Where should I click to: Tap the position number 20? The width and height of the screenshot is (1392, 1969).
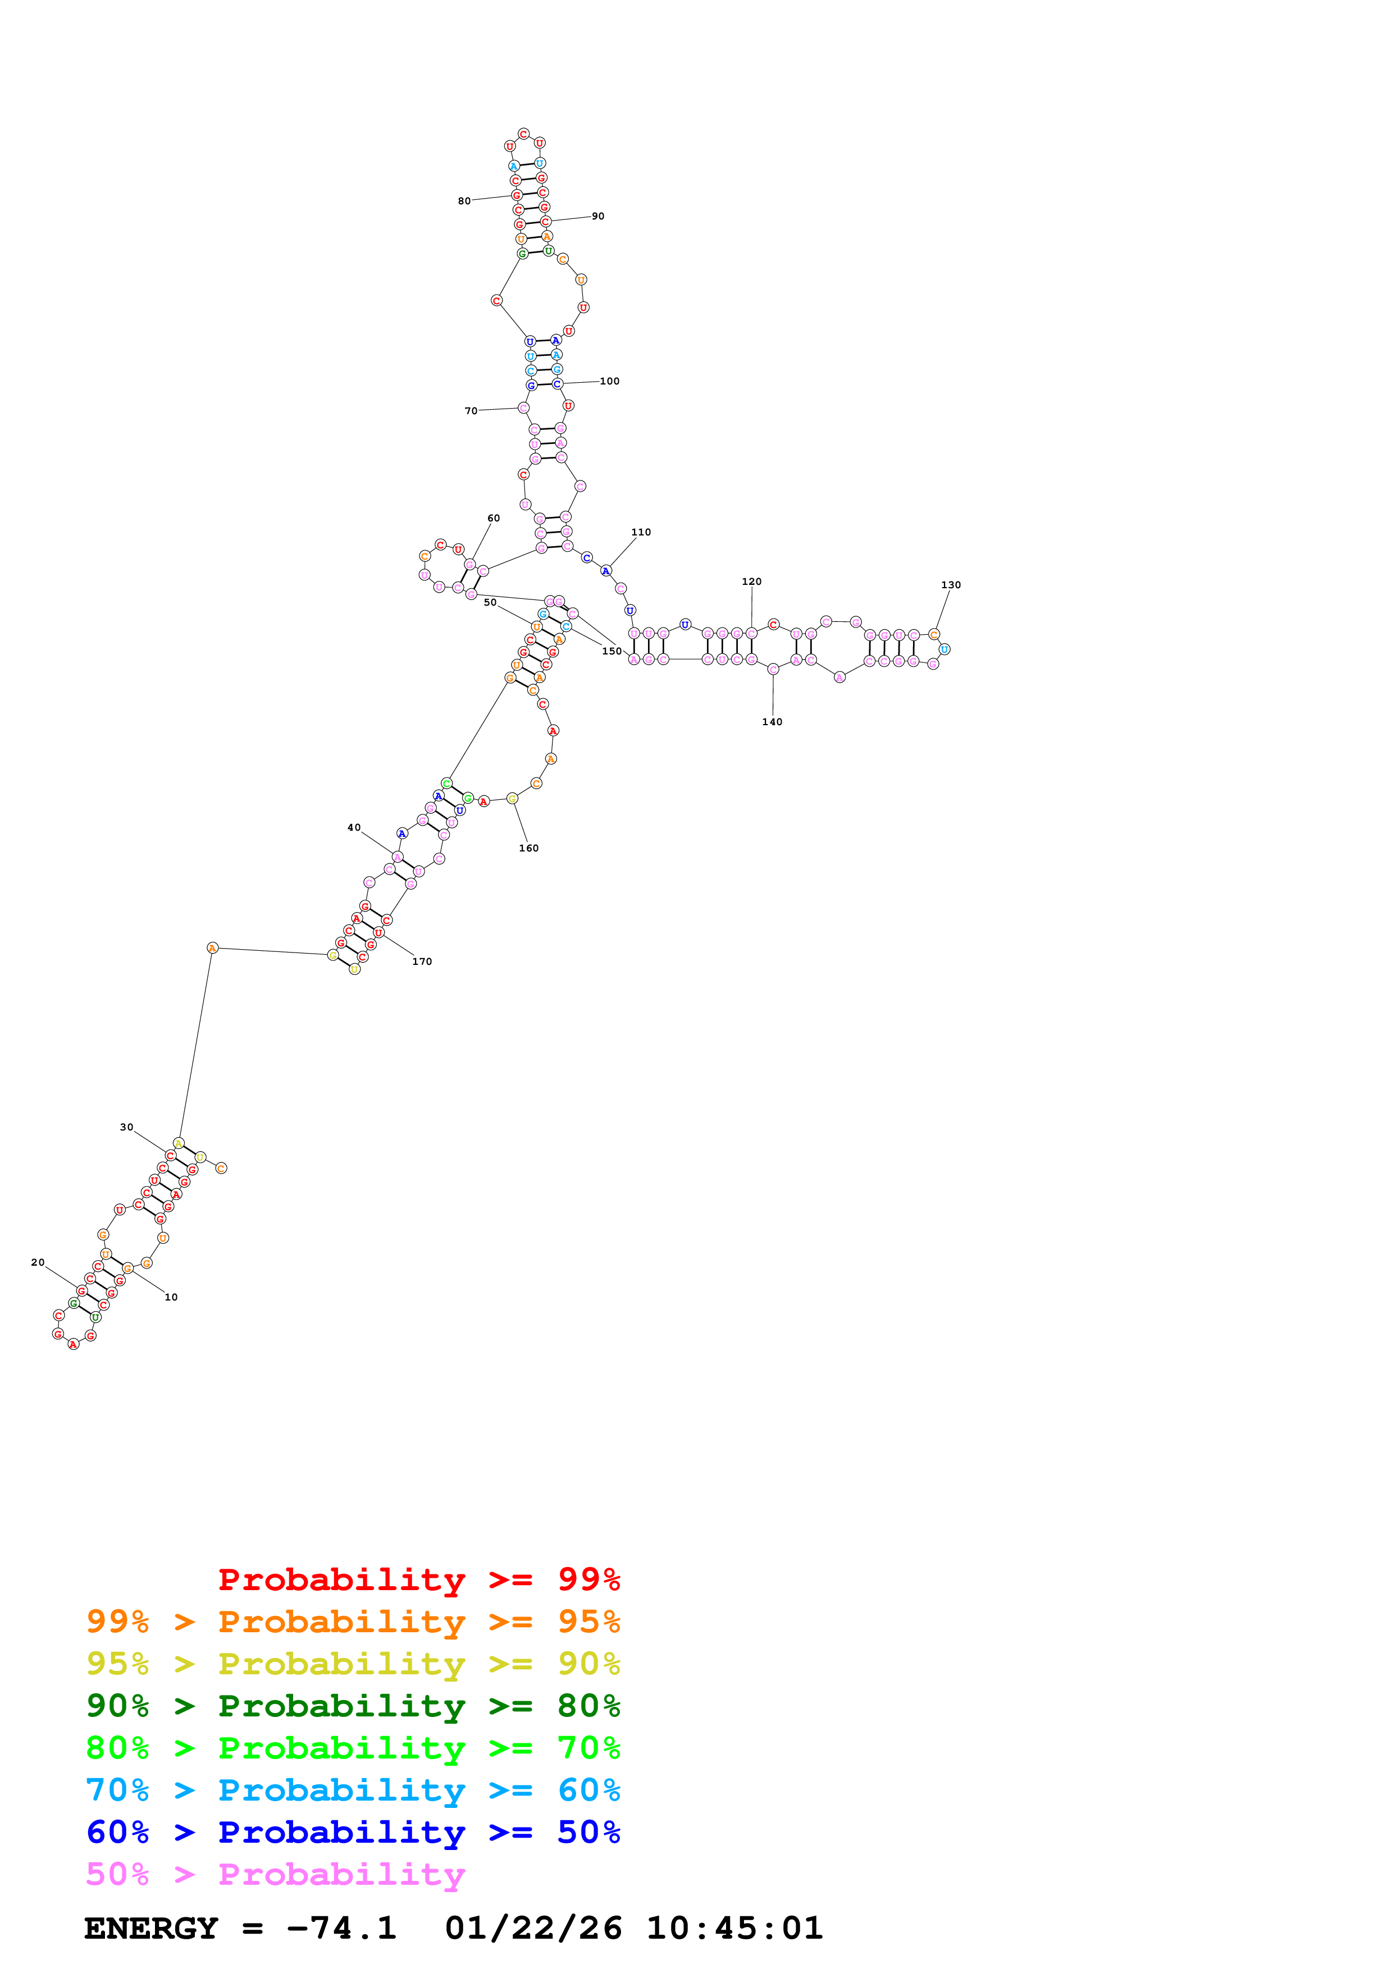pyautogui.click(x=38, y=1262)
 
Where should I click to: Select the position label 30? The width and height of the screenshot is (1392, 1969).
pyautogui.click(x=126, y=1127)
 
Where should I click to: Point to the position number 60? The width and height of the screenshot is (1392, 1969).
pyautogui.click(x=493, y=518)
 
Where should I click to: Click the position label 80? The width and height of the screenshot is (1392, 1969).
pyautogui.click(x=464, y=202)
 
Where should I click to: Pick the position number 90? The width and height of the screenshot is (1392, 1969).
pyautogui.click(x=598, y=216)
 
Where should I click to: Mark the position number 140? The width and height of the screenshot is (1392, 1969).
pyautogui.click(x=772, y=722)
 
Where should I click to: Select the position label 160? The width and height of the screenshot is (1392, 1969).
pyautogui.click(x=528, y=848)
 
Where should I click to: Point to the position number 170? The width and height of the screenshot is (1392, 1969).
pyautogui.click(x=422, y=961)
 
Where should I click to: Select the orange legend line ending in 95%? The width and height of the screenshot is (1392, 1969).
pyautogui.click(x=353, y=1622)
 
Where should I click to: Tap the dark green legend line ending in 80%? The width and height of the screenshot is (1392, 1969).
pyautogui.click(x=353, y=1706)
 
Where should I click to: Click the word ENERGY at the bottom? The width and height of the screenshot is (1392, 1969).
pyautogui.click(x=151, y=1929)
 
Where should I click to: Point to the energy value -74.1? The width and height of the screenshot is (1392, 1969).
pyautogui.click(x=341, y=1929)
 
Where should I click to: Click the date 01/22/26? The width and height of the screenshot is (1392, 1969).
pyautogui.click(x=533, y=1929)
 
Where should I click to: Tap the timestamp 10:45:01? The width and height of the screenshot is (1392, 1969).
pyautogui.click(x=734, y=1929)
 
